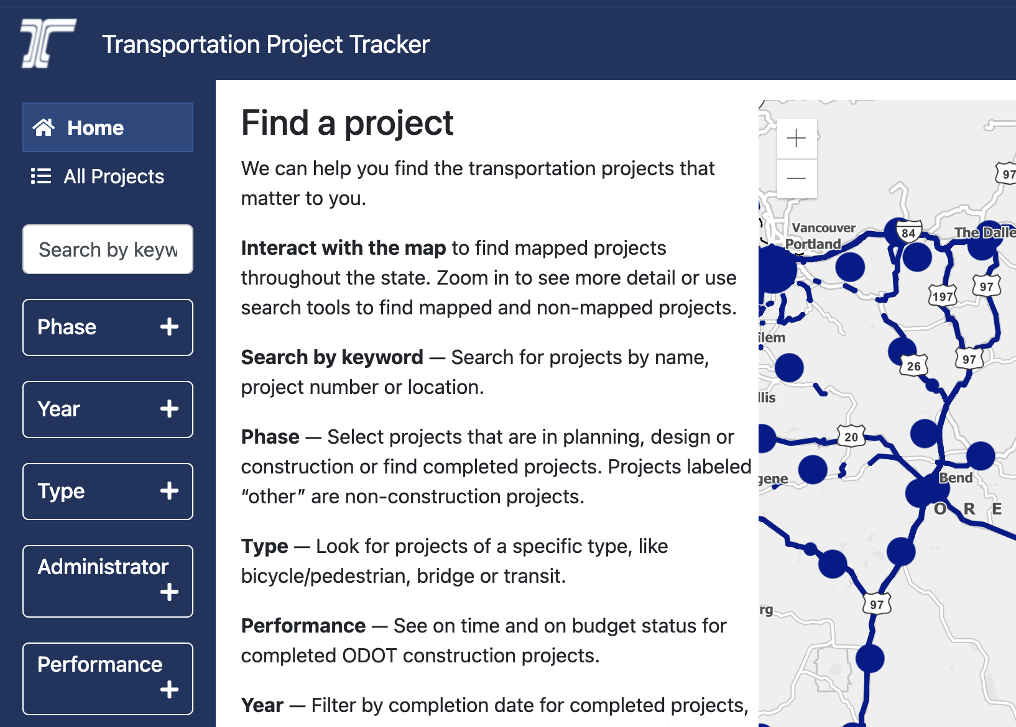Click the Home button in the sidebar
[108, 127]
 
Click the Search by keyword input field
[108, 249]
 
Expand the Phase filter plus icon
[169, 327]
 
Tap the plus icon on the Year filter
[169, 409]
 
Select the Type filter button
[108, 492]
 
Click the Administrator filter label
[103, 567]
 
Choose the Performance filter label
[99, 664]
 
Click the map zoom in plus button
[797, 138]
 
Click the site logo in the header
[48, 43]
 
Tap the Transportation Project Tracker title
[266, 44]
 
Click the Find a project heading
[347, 123]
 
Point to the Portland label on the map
[813, 244]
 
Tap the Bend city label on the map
[956, 478]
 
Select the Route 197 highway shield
[943, 296]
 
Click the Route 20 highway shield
[851, 436]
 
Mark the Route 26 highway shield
[913, 365]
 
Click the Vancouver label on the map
[824, 227]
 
